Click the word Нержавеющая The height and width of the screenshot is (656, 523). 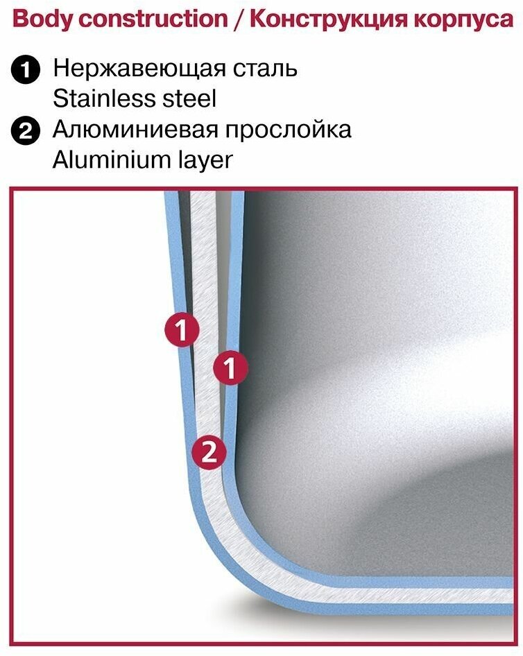tap(136, 69)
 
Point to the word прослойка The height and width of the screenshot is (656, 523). tap(294, 130)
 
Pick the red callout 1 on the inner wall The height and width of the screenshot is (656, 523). tap(230, 368)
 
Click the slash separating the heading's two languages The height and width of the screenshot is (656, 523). tap(238, 19)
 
